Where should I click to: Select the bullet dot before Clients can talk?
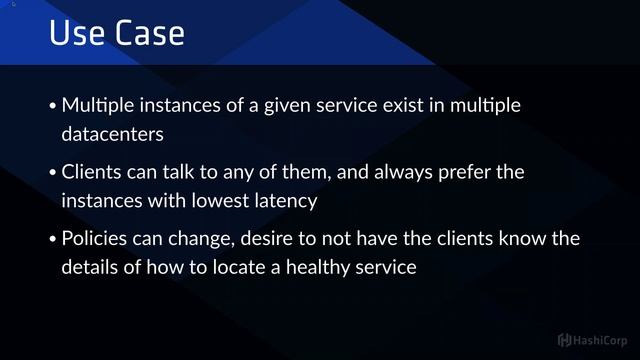click(x=53, y=174)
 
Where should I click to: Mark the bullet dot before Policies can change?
click(x=53, y=241)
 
